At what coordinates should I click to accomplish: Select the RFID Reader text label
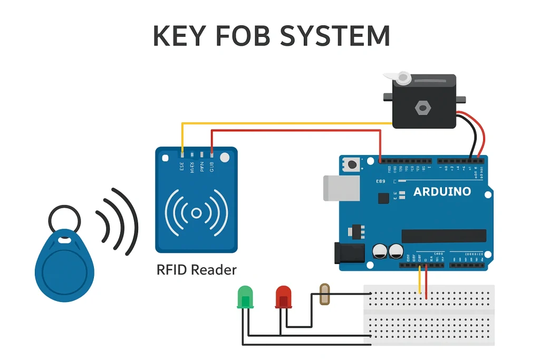click(x=197, y=270)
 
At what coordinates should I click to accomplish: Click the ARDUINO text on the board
click(x=442, y=191)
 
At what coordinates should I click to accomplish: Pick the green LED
click(x=245, y=297)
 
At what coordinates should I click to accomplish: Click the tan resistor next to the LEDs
click(x=325, y=295)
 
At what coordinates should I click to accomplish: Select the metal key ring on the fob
click(x=65, y=219)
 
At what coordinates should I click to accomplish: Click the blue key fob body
click(x=64, y=266)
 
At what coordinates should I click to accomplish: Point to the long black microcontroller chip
click(x=443, y=236)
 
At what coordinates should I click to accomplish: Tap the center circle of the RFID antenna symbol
click(x=196, y=213)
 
